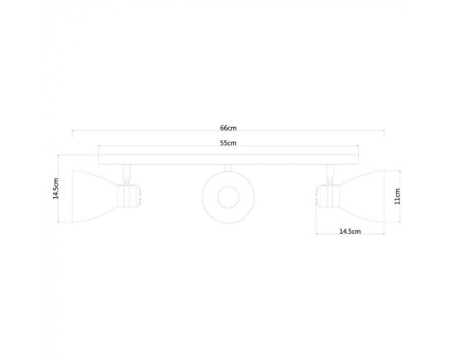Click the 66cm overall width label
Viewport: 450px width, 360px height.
pos(228,128)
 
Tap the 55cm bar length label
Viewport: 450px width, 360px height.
pos(228,144)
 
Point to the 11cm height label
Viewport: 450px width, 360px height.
pos(397,195)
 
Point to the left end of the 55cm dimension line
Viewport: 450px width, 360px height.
pos(99,149)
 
